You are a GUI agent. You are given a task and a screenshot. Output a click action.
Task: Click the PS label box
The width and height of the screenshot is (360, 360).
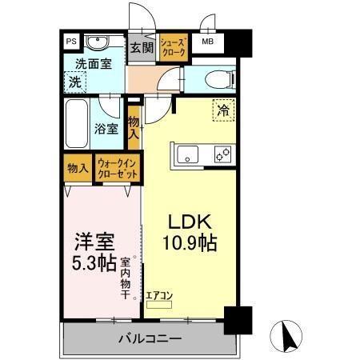coord(71,41)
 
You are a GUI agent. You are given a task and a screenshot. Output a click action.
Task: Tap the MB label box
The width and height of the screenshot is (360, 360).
coord(207,41)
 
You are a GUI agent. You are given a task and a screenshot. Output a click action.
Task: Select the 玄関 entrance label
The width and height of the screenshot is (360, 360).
coord(142,47)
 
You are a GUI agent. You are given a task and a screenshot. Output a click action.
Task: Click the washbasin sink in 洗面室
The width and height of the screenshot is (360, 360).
coord(99,42)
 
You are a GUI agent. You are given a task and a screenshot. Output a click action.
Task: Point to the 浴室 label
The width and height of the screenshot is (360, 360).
coord(107,128)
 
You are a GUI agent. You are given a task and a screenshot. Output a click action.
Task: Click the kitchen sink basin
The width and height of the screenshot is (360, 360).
coord(186,154)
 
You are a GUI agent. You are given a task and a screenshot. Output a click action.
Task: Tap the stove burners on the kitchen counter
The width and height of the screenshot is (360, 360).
coord(222,154)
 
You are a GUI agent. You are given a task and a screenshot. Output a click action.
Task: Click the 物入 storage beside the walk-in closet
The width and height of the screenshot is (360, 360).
coord(78,169)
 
